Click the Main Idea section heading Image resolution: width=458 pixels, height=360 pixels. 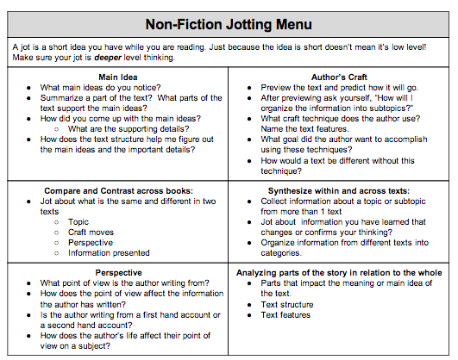(119, 77)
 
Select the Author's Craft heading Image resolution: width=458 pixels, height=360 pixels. (340, 77)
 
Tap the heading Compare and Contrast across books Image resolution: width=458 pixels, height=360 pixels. (118, 189)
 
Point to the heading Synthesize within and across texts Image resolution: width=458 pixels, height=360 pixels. (339, 189)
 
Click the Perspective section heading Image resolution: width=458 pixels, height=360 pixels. (119, 272)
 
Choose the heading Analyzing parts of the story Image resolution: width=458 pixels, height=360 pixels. (339, 272)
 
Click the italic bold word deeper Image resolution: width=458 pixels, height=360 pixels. (132, 58)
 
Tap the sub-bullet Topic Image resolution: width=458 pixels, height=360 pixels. (78, 221)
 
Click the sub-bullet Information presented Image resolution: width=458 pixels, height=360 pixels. (109, 252)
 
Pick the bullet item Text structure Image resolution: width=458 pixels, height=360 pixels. (287, 304)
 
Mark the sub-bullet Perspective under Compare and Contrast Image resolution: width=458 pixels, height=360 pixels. (91, 242)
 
